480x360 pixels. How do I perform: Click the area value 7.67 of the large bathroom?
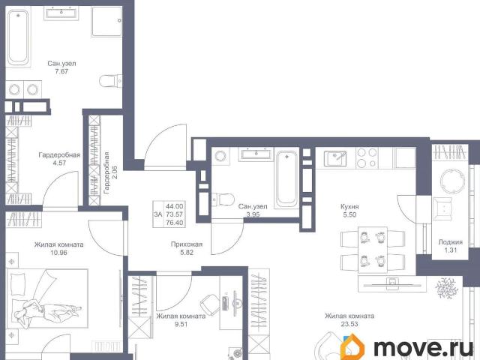[61, 72]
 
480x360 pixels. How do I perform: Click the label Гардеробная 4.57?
[59, 159]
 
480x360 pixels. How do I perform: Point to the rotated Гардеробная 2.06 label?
[110, 172]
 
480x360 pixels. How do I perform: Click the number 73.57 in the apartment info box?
[175, 214]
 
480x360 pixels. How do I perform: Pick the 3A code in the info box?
[158, 214]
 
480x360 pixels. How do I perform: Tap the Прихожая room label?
[187, 244]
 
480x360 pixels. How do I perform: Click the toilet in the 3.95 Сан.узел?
[223, 199]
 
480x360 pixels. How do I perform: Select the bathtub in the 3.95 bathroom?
[286, 178]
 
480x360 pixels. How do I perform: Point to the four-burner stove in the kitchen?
[367, 157]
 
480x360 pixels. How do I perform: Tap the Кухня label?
[349, 207]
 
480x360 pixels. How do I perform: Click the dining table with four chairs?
[373, 249]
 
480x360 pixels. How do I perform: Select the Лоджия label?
[451, 242]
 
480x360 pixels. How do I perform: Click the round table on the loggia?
[451, 181]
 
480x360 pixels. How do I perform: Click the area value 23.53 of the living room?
[349, 324]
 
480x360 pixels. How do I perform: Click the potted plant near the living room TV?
[447, 288]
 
